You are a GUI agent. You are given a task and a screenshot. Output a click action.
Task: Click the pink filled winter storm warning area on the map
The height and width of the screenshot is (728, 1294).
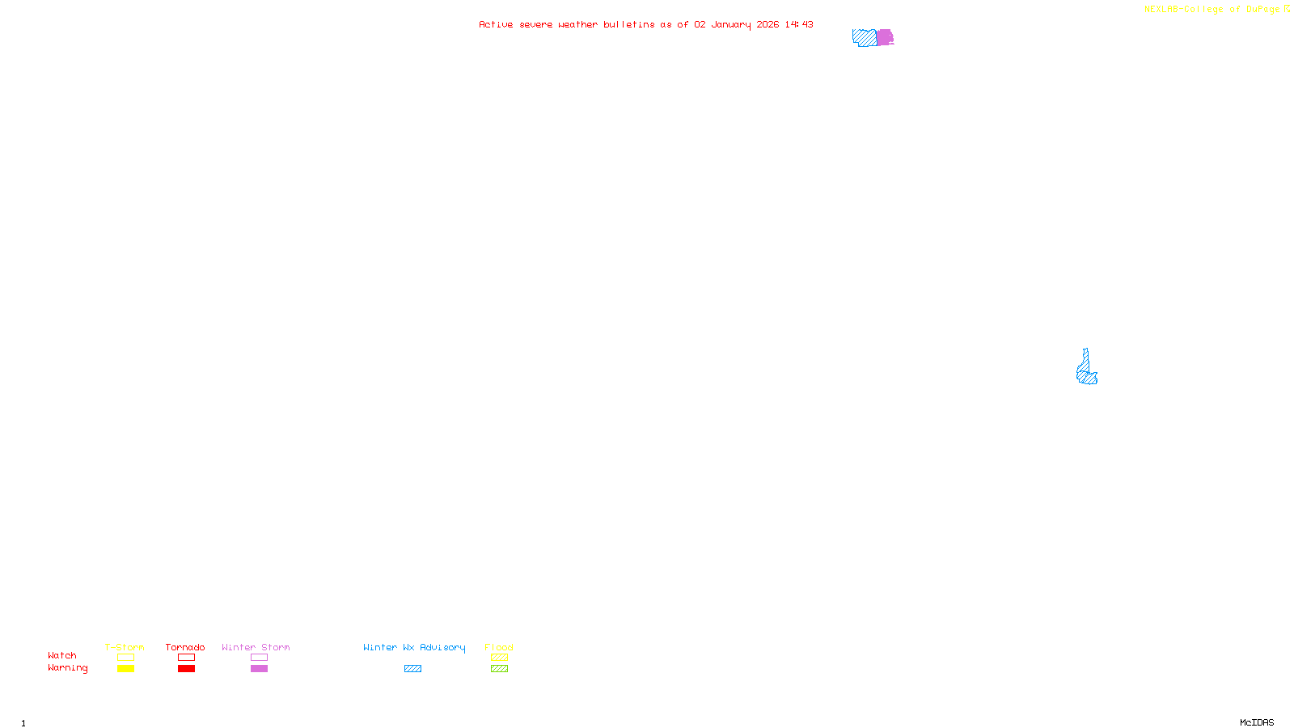tap(885, 37)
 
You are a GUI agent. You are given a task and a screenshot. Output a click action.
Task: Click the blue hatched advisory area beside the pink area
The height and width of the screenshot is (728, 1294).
tap(864, 37)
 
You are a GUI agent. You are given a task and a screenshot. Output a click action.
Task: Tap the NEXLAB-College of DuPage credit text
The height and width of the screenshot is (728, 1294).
tap(1212, 10)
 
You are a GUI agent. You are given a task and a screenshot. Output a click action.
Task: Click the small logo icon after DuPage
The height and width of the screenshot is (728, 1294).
tap(1287, 9)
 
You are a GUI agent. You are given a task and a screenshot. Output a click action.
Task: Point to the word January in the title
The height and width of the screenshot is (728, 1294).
tap(731, 24)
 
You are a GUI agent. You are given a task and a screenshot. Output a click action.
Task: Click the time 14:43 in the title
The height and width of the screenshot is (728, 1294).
tap(798, 24)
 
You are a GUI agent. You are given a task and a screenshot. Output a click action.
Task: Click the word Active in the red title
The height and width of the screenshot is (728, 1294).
tap(495, 24)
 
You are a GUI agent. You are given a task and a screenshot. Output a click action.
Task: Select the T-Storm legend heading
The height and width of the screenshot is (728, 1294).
tap(125, 647)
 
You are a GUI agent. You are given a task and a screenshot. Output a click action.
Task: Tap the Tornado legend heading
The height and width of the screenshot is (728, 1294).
tap(185, 647)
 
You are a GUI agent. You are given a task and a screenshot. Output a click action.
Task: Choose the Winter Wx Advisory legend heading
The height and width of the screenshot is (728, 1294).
tap(414, 647)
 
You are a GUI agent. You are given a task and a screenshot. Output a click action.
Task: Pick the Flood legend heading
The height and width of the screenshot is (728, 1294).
tap(499, 647)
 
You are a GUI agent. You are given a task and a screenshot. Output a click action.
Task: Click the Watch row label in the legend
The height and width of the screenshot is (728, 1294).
tap(62, 655)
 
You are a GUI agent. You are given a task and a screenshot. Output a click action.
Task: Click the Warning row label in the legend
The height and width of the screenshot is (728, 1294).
tap(67, 668)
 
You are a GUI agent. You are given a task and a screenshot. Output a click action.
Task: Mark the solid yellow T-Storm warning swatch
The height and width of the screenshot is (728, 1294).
tap(125, 669)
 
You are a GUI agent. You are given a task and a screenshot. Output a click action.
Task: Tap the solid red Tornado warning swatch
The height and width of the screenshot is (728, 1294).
tap(186, 669)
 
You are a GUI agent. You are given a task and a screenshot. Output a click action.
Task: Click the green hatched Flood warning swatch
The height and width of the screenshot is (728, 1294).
tap(499, 669)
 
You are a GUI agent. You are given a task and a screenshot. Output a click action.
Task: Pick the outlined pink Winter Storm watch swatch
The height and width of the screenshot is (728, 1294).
tap(259, 658)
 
